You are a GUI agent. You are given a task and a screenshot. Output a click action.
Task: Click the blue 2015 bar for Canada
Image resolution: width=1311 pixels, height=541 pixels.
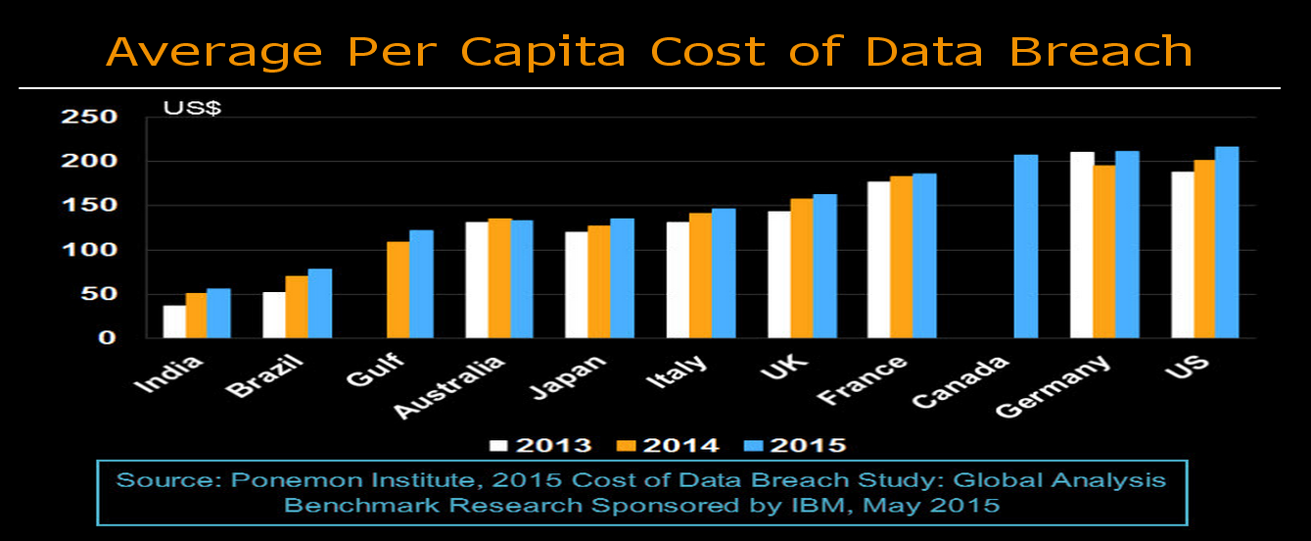[x=1026, y=246]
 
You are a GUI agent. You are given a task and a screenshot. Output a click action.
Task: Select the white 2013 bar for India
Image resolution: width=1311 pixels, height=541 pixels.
[x=174, y=321]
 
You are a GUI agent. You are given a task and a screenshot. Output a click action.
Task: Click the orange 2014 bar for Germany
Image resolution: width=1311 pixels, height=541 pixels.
[x=1104, y=251]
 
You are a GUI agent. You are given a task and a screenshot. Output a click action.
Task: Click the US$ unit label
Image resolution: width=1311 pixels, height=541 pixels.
[x=192, y=108]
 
